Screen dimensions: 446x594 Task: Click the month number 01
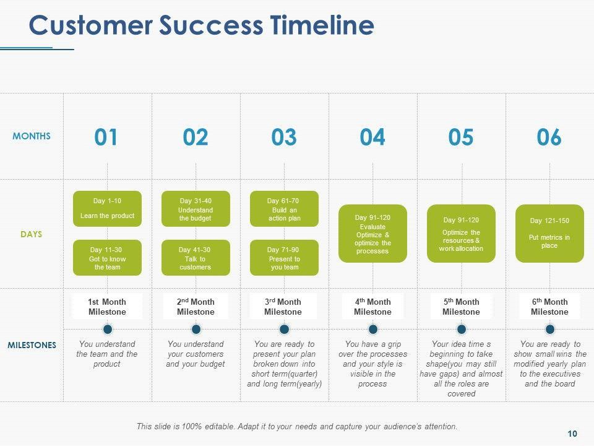(x=106, y=137)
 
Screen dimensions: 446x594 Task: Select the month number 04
(x=372, y=137)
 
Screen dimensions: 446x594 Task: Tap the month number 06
(x=549, y=137)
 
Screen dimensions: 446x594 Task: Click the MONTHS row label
(x=32, y=136)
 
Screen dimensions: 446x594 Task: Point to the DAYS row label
(x=32, y=234)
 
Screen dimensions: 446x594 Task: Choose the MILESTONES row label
(x=32, y=345)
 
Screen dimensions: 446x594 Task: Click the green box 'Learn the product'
(x=107, y=209)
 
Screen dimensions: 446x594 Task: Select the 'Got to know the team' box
(x=107, y=258)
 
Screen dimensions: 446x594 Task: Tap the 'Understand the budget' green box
(x=196, y=209)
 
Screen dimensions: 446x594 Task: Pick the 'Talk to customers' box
(x=196, y=258)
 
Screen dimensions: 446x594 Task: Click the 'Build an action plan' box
(x=284, y=209)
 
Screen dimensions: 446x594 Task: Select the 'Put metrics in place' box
(x=549, y=233)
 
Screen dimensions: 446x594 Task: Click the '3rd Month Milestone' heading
(x=283, y=307)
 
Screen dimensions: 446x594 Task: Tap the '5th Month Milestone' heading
(x=461, y=307)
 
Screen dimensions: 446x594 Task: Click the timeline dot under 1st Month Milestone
(x=108, y=329)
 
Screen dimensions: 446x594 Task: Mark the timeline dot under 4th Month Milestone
(x=373, y=329)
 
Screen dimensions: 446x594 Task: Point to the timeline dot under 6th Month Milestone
(x=550, y=329)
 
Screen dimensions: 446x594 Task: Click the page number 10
(x=572, y=433)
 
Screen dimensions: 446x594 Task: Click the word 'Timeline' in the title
(x=322, y=26)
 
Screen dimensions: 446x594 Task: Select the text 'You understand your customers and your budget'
(x=196, y=354)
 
